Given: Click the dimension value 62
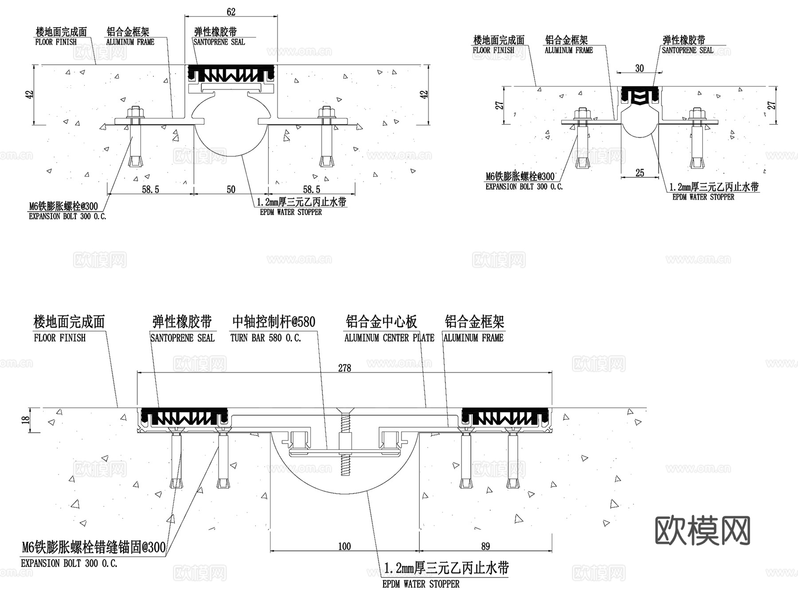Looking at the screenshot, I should (231, 12).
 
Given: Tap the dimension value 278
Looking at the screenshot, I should (344, 368).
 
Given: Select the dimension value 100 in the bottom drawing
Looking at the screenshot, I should (344, 546).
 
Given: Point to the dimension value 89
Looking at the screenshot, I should (485, 546).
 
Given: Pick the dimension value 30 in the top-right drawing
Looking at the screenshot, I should (639, 68).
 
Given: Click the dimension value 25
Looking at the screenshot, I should (639, 173).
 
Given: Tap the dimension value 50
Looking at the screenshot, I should (231, 189).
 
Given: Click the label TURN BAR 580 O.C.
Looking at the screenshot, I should (266, 338).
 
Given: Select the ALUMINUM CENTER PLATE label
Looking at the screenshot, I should (389, 338).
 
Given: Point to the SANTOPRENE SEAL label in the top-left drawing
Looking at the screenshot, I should (219, 42).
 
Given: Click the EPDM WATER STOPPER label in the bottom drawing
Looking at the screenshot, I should (421, 584).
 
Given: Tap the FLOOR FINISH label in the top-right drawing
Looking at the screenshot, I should (493, 50).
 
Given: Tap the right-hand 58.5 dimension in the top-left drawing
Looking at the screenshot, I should (311, 189).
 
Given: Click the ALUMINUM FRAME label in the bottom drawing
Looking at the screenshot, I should (473, 338).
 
